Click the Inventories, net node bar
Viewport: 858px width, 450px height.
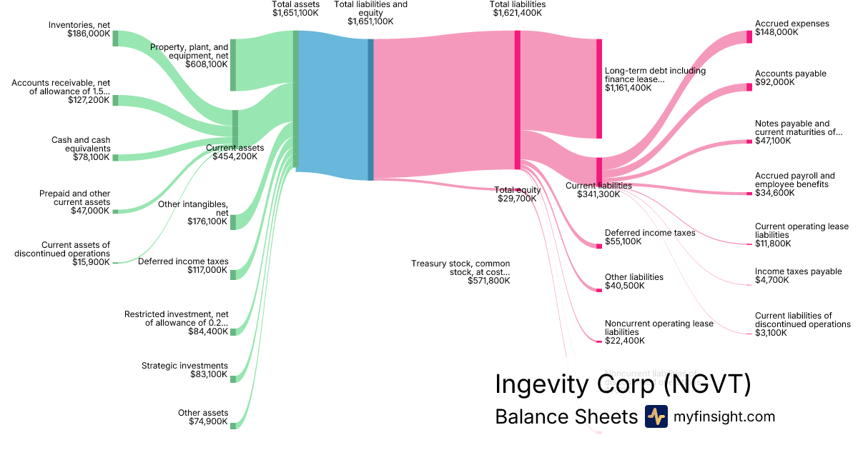(x=115, y=38)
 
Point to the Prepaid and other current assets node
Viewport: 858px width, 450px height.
(x=115, y=211)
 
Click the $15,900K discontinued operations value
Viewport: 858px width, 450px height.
(x=91, y=262)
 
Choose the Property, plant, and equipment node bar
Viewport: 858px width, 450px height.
(x=233, y=65)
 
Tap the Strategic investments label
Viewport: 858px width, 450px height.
(x=184, y=366)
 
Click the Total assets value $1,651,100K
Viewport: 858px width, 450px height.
(x=295, y=13)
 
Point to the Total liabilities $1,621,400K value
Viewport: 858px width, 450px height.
(x=517, y=13)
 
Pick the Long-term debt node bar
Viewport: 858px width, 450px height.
(x=599, y=89)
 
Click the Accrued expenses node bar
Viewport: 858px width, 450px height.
(x=749, y=37)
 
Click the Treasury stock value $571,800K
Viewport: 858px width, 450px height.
(x=489, y=281)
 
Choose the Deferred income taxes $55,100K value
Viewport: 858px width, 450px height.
(x=623, y=241)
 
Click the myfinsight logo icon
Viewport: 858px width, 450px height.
(x=656, y=416)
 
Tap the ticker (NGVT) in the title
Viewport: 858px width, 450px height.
(x=706, y=384)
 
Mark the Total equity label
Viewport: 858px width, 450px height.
(x=517, y=189)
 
